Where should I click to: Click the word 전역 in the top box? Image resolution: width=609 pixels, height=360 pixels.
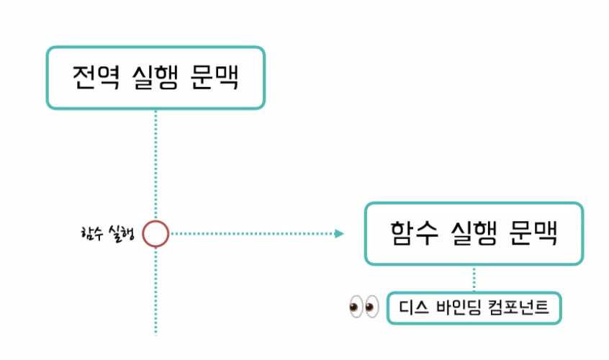point(90,77)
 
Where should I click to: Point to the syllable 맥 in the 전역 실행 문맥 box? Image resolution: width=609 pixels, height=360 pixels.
point(225,77)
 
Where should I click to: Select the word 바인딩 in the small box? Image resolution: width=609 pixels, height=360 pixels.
point(460,309)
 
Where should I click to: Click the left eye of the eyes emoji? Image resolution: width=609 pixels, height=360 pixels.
point(355,307)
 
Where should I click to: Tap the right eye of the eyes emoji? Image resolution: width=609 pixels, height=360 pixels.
point(371,307)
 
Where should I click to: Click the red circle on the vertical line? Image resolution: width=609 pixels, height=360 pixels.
point(155,233)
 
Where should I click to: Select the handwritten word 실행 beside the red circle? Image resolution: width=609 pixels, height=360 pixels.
point(121,233)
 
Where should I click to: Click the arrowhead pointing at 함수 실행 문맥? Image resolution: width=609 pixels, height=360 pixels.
point(340,233)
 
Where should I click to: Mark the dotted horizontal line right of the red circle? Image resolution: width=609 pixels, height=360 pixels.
point(252,233)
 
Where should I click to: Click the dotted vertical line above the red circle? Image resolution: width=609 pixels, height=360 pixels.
point(155,166)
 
